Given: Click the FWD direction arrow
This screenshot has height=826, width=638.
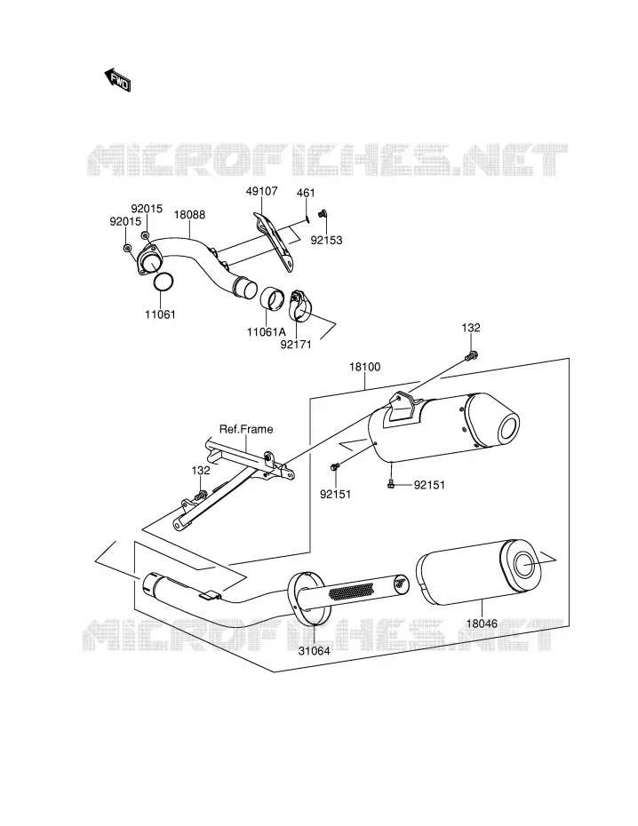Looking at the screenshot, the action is coord(117,80).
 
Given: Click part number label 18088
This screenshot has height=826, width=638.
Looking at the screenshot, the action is coord(189,215).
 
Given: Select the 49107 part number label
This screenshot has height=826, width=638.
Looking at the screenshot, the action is coord(262,191).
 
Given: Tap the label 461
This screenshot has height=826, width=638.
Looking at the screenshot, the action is coord(306,193).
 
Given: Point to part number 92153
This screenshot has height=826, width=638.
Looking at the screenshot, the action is coord(326,240).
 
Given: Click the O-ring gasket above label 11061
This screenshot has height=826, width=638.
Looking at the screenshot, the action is coord(163,282).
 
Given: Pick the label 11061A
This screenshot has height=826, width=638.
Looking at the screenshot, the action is coord(266,332).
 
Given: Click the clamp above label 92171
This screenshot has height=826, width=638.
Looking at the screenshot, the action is coord(301,305).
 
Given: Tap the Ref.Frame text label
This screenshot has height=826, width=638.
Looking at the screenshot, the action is coord(246,429).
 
